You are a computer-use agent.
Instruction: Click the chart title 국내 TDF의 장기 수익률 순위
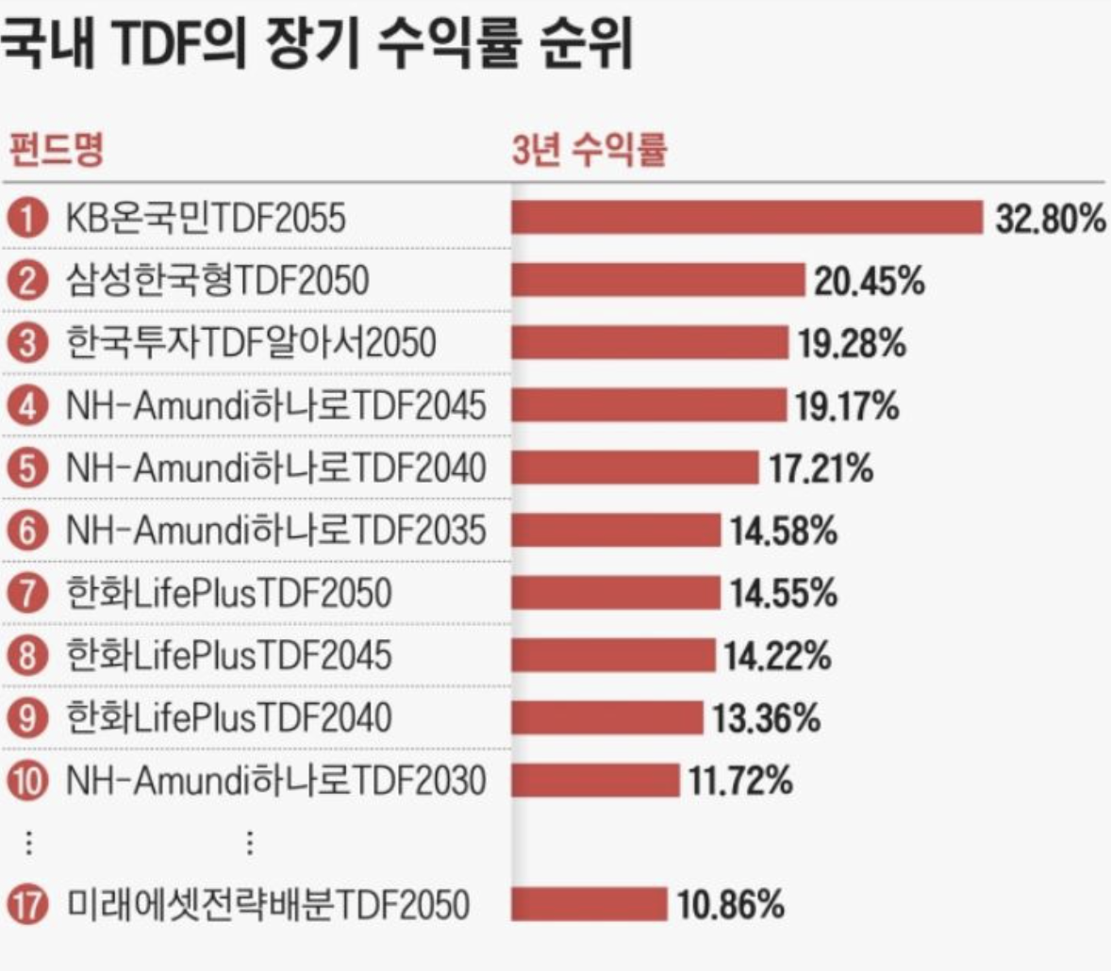click(x=316, y=45)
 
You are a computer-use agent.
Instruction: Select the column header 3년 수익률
click(x=589, y=149)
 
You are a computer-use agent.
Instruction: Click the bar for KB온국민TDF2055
click(x=747, y=218)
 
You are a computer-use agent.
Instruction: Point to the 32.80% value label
click(x=1050, y=219)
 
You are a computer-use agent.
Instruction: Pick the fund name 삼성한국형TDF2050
click(x=217, y=281)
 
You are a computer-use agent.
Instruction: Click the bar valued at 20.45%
click(x=657, y=281)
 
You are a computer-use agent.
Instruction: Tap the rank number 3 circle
click(x=28, y=343)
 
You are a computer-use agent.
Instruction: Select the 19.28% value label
click(x=852, y=344)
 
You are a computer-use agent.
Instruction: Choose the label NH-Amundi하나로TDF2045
click(x=275, y=405)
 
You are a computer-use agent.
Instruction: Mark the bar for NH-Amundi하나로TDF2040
click(x=635, y=468)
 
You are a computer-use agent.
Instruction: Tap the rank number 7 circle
click(x=28, y=593)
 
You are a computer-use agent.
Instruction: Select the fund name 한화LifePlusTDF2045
click(x=228, y=655)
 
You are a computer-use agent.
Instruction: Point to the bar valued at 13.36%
click(x=607, y=717)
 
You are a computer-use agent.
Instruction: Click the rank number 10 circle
click(x=28, y=781)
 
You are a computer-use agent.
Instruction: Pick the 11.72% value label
click(x=739, y=781)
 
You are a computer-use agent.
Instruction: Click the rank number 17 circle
click(x=28, y=906)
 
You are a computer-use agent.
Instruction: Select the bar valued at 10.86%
click(x=589, y=905)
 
